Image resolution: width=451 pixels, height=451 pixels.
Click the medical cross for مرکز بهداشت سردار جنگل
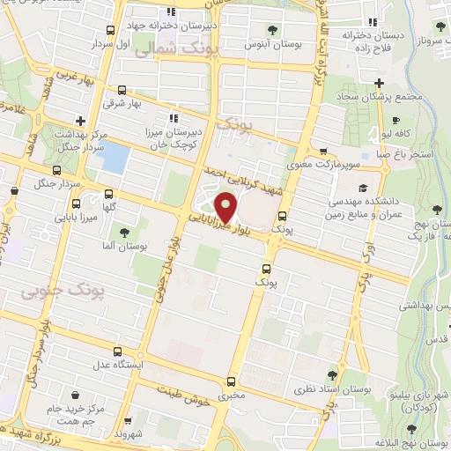pyautogui.click(x=80, y=121)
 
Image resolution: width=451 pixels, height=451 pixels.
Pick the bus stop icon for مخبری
pyautogui.click(x=231, y=381)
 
